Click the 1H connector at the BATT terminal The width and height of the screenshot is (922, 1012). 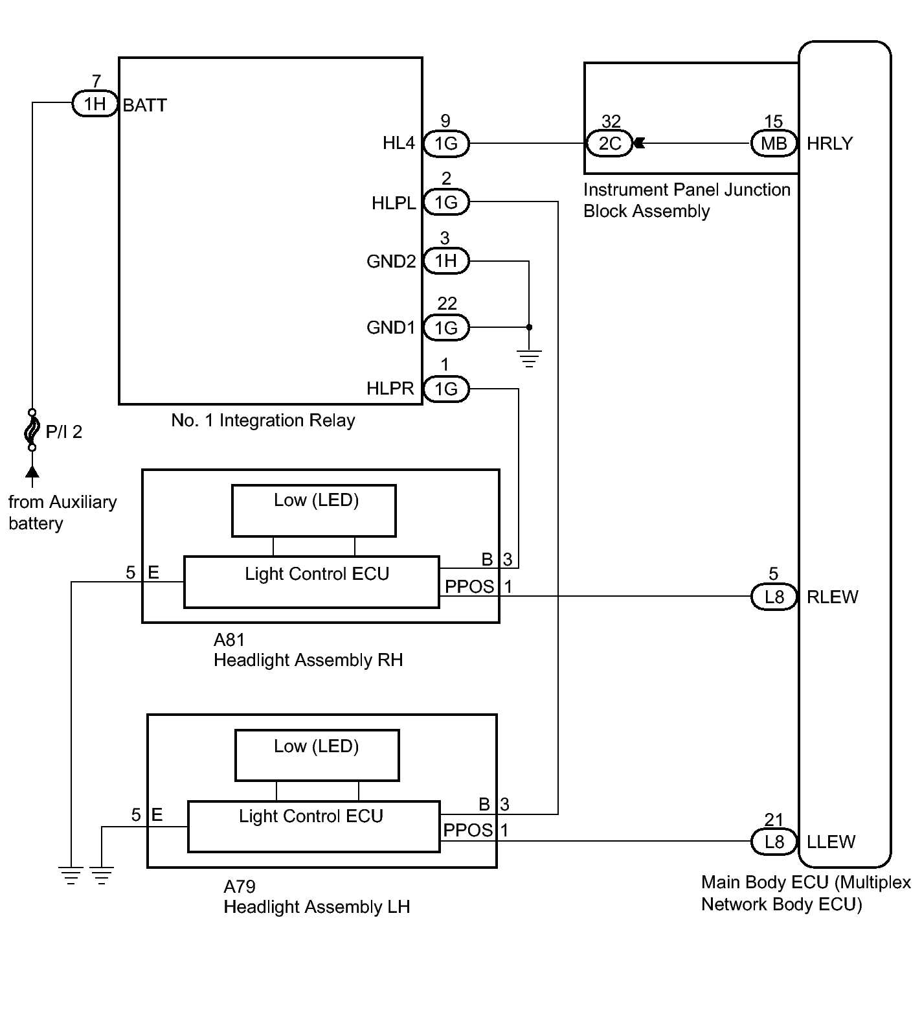(95, 104)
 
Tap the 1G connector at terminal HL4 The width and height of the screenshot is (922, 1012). (446, 143)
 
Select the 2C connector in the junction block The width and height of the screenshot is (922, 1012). (609, 143)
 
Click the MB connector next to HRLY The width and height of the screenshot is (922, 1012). (774, 143)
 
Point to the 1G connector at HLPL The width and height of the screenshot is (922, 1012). (446, 203)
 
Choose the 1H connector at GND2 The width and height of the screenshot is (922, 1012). (446, 261)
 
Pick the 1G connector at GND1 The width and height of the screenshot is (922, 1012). (446, 328)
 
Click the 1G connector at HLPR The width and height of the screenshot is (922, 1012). (446, 389)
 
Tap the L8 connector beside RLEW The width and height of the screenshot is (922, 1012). (774, 597)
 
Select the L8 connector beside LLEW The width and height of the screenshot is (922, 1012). (774, 842)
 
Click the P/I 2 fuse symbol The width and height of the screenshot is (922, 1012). (31, 430)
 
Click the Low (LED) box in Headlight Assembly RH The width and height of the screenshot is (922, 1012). (314, 511)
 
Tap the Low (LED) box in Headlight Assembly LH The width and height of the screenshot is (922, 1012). (317, 755)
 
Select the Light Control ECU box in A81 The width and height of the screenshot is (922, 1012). (311, 582)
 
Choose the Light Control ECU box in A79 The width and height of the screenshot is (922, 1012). (314, 827)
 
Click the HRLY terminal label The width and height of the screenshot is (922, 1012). (829, 144)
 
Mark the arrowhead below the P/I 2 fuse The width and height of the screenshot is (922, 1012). (31, 471)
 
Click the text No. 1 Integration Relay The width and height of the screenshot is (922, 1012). (263, 420)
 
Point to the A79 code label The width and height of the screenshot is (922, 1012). (240, 886)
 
